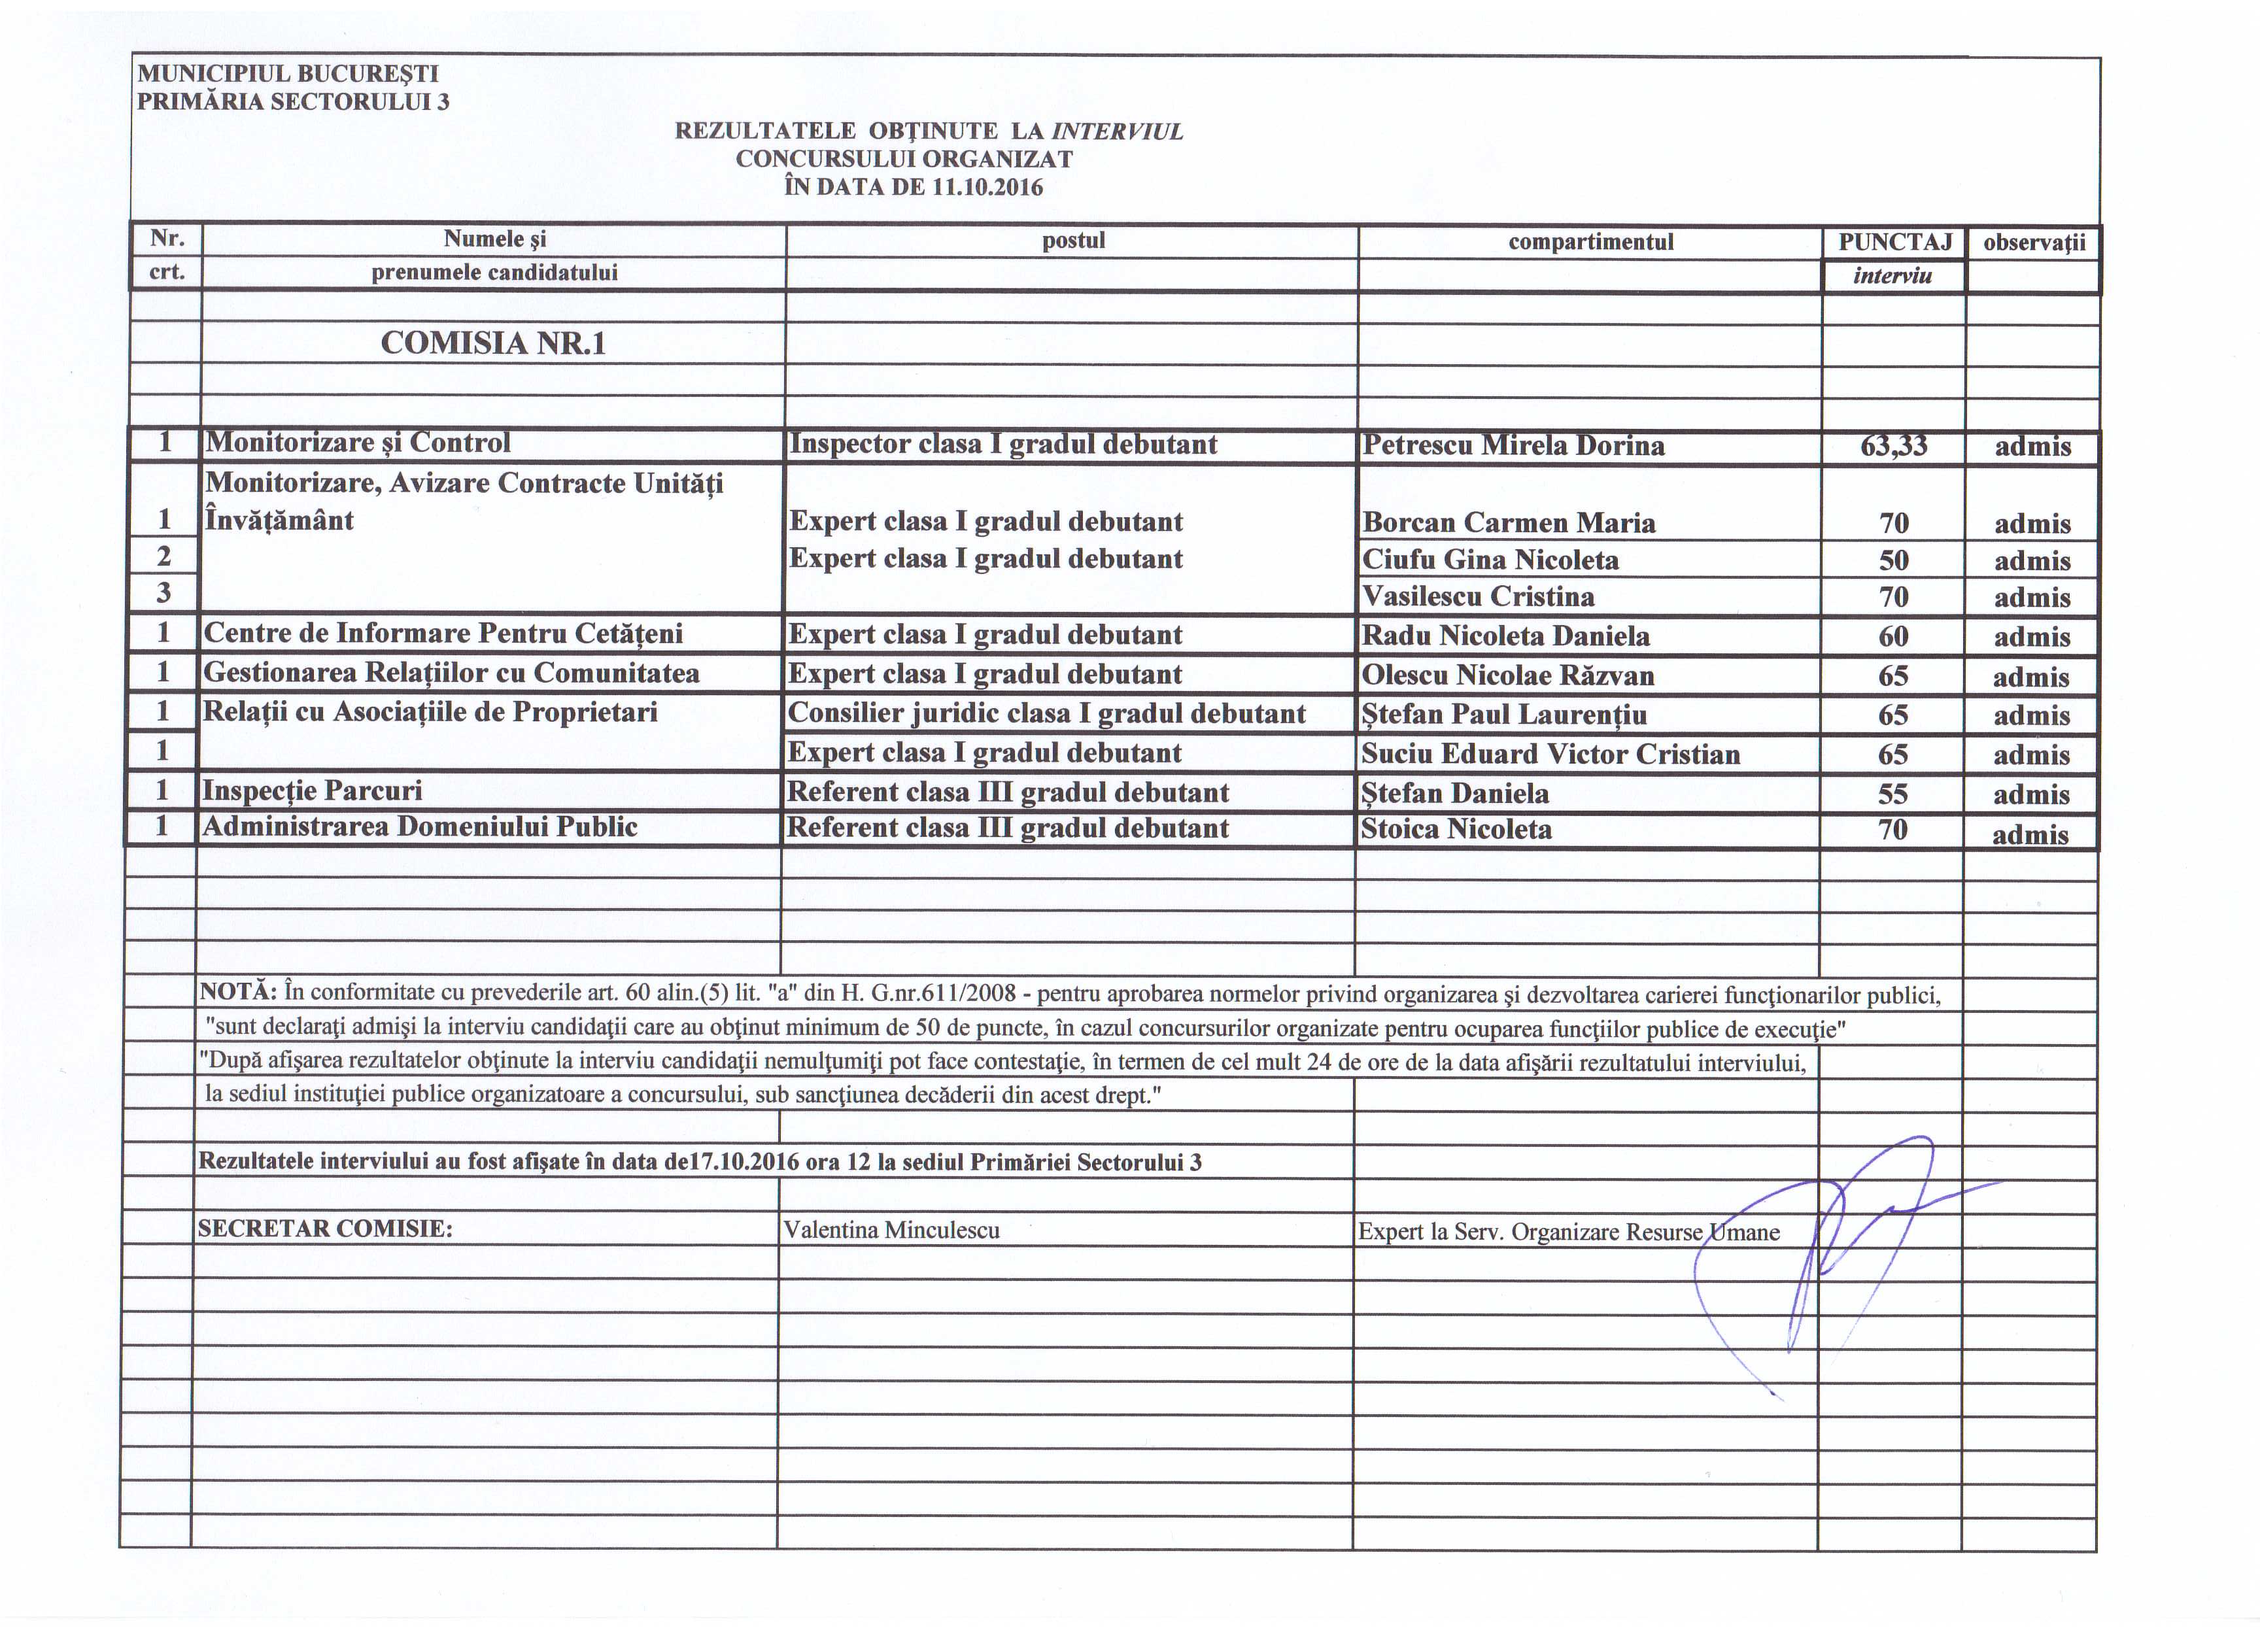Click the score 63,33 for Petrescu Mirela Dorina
(1893, 445)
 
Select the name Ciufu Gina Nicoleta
(1490, 560)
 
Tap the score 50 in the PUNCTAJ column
(1893, 560)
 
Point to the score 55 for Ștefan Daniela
(1892, 794)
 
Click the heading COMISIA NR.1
(493, 344)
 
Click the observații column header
(2034, 242)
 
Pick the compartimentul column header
(1590, 242)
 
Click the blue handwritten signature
(1834, 1246)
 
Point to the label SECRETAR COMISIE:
(325, 1229)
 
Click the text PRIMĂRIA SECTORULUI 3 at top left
(293, 101)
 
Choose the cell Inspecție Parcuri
(312, 791)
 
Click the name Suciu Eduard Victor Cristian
(1550, 755)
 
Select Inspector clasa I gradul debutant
(1002, 445)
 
